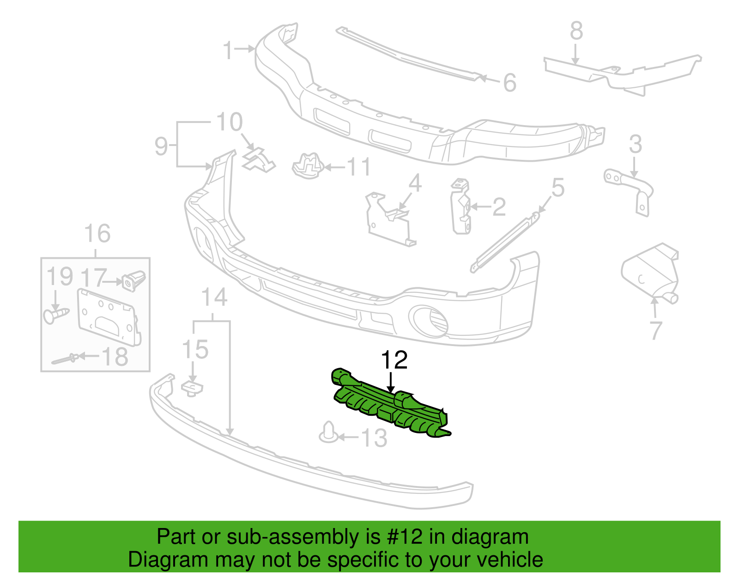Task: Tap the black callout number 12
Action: click(394, 360)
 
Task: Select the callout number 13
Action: click(374, 438)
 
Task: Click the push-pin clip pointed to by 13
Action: click(329, 432)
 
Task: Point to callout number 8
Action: click(576, 30)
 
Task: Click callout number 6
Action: click(509, 83)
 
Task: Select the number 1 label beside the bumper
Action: click(228, 50)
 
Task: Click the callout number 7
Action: click(656, 330)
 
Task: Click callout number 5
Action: click(558, 188)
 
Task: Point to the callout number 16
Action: click(97, 234)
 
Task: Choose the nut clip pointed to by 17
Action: click(133, 281)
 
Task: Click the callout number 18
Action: click(115, 357)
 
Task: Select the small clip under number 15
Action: click(192, 389)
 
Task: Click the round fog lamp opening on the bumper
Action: click(430, 322)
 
